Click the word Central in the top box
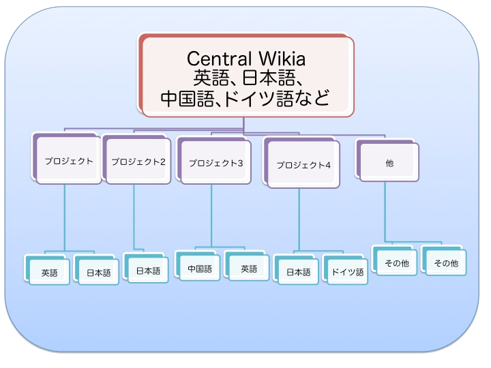tap(219, 59)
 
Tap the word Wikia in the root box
tap(282, 59)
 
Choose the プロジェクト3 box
tap(214, 161)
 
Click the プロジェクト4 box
tap(301, 163)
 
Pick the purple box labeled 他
tap(387, 161)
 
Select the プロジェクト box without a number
tap(66, 159)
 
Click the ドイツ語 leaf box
tap(345, 270)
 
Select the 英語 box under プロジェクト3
tap(247, 266)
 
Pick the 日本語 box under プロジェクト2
tap(146, 269)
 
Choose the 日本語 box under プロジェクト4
tap(296, 270)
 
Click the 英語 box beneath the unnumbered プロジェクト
tap(47, 271)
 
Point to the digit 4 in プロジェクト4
tap(328, 165)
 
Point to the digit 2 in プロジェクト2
tap(162, 162)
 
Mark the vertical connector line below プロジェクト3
tap(211, 215)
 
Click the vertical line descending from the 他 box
tap(385, 212)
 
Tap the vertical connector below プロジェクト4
tap(299, 219)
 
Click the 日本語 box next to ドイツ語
tap(296, 270)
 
